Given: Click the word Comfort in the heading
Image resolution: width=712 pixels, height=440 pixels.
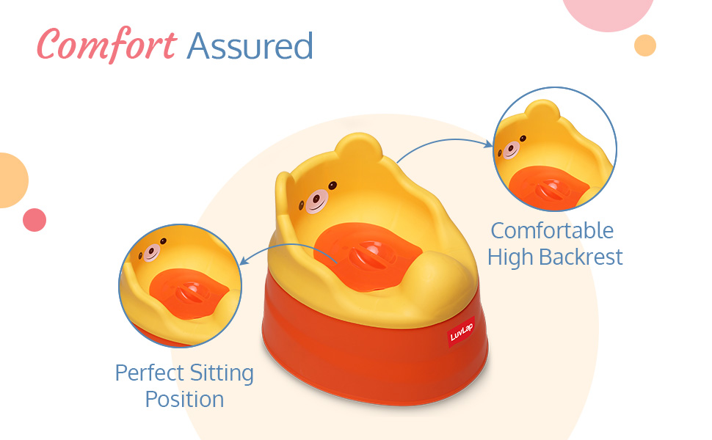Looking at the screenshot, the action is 106,45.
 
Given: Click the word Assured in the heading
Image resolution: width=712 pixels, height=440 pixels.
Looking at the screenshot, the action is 250,45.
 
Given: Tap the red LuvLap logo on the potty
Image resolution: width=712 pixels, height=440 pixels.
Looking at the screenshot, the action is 462,332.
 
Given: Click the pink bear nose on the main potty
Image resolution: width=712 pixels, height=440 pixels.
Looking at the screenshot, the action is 316,201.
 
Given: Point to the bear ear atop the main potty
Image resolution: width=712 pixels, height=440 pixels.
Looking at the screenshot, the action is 358,146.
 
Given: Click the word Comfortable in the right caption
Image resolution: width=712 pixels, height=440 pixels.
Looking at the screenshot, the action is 552,230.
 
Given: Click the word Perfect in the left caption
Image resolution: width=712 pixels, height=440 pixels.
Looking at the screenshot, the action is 149,373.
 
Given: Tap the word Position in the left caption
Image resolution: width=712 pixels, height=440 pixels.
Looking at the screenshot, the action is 184,400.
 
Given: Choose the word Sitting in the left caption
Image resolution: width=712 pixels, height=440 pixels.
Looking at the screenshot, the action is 222,374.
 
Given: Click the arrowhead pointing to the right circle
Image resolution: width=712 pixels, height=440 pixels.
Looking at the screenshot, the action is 489,144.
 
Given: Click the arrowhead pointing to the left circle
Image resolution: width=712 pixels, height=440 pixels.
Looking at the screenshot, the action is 243,260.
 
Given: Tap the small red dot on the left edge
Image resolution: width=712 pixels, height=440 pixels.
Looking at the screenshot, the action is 34,220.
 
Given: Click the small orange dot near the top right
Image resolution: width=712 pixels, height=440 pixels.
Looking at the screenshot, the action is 644,45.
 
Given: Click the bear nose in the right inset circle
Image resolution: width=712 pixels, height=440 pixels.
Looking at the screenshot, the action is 511,150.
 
